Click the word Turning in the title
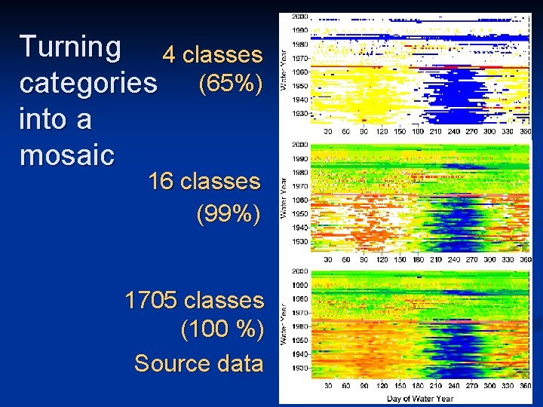[x=70, y=47]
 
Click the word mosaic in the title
[x=67, y=155]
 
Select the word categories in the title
[x=88, y=83]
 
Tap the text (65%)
[x=229, y=84]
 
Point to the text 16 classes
[x=204, y=182]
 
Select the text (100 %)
[x=222, y=331]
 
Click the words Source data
[x=198, y=364]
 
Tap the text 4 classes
[x=213, y=55]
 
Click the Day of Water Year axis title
[x=419, y=398]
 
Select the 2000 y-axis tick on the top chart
[x=299, y=17]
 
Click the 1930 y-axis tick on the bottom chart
[x=299, y=368]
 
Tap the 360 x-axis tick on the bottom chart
[x=526, y=387]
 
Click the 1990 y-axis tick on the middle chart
[x=299, y=159]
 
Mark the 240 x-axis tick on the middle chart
[x=452, y=259]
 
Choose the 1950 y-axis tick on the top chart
[x=299, y=85]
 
